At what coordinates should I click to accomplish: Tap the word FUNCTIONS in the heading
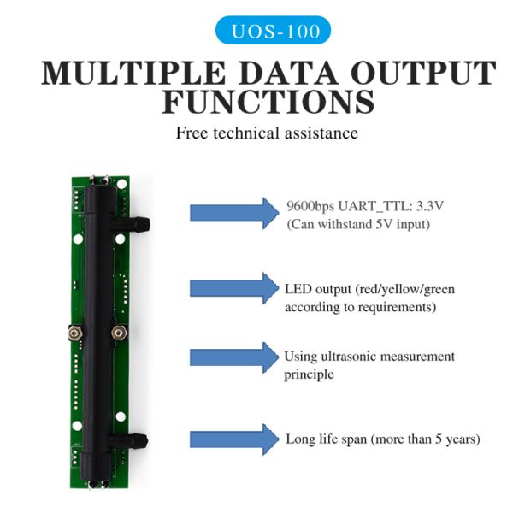(x=268, y=103)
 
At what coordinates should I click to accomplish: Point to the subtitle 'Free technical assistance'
(x=267, y=133)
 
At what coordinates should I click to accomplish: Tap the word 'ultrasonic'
(x=348, y=357)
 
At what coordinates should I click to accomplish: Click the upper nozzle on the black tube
(x=143, y=224)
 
